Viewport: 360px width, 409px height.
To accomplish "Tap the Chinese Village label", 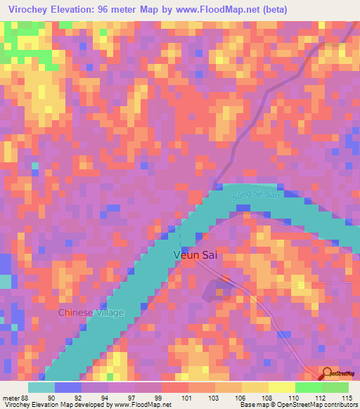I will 91,313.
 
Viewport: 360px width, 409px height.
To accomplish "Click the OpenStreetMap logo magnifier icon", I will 328,375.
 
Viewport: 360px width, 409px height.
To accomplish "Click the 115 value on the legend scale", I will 347,397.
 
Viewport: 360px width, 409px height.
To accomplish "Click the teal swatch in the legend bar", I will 41,387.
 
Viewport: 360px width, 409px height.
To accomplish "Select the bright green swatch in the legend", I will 308,387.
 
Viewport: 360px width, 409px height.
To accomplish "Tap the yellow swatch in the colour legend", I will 281,387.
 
